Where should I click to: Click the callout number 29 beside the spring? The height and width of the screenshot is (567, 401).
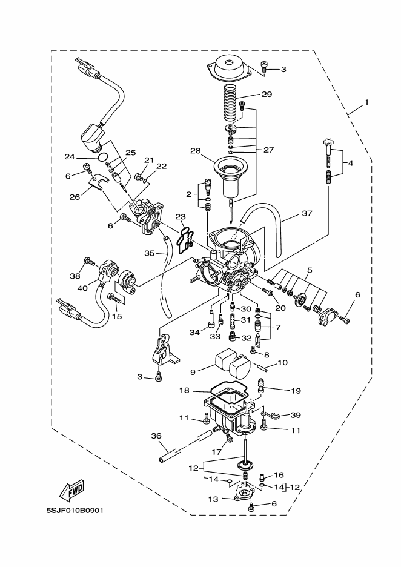click(x=267, y=94)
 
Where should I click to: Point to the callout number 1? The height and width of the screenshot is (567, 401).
click(x=366, y=104)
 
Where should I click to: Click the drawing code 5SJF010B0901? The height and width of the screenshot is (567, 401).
click(x=75, y=510)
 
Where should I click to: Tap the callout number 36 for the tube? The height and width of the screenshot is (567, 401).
click(x=156, y=436)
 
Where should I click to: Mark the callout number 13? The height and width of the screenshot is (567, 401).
click(x=212, y=499)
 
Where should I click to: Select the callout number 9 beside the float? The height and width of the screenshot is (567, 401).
click(x=193, y=373)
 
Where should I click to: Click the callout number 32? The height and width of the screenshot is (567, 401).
click(x=246, y=338)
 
